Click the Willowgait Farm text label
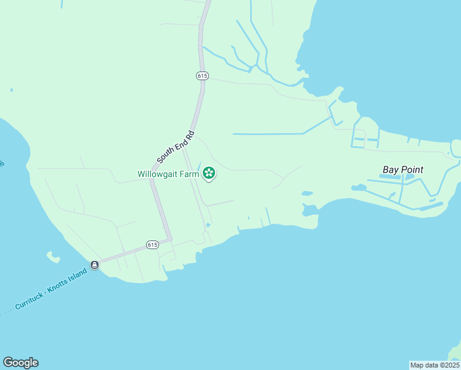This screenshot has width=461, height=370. pos(168,175)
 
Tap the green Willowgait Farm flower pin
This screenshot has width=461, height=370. pos(209,173)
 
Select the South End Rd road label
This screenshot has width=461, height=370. pos(176,147)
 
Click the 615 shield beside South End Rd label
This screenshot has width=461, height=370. pos(203,75)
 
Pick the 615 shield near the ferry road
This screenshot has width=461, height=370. pos(153,245)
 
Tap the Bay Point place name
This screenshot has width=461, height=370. pos(403,170)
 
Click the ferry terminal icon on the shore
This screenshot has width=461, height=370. pos(94,265)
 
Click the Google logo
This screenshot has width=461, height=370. pos(20,363)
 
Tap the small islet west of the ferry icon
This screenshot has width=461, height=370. pos(53,257)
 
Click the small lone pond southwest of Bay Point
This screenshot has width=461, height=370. pos(306,194)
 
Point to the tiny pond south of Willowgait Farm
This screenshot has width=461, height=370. pos(208,225)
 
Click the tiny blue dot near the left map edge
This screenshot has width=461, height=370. pos(11,90)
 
